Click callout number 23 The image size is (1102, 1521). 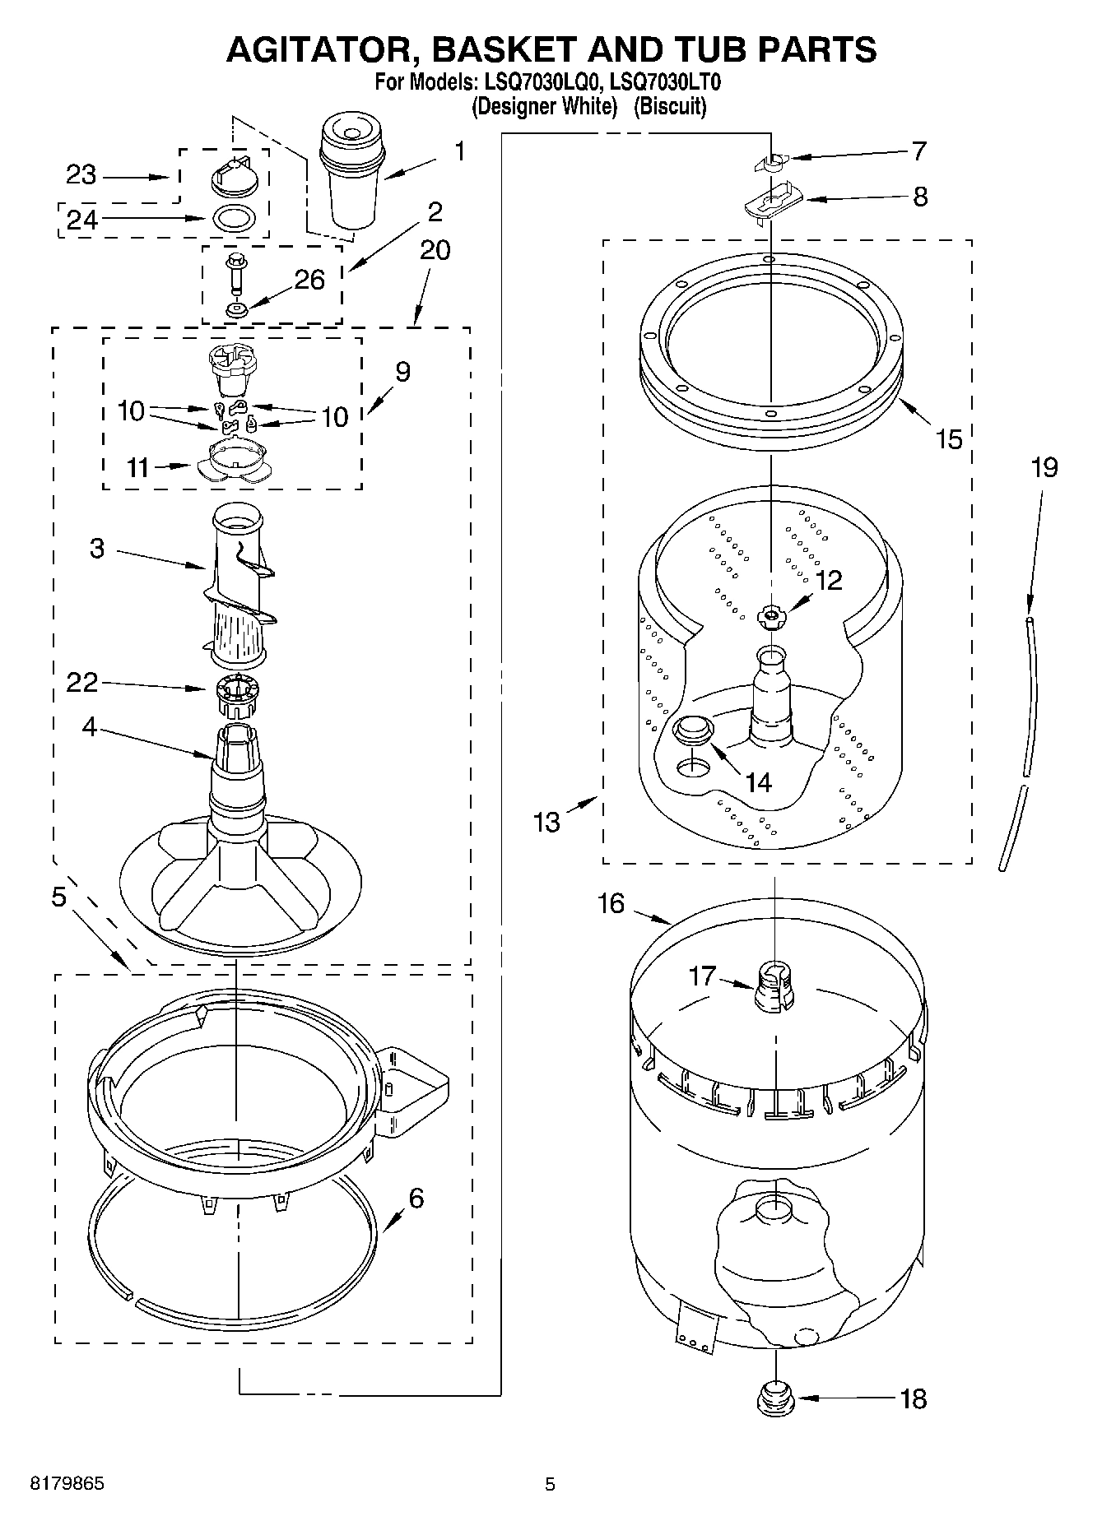click(81, 175)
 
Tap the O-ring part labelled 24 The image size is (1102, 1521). click(235, 219)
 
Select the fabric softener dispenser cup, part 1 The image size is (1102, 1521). click(352, 173)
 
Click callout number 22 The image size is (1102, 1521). click(81, 682)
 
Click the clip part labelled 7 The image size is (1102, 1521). click(770, 161)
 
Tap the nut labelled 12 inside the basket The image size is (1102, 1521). click(771, 615)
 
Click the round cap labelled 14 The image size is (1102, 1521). click(692, 729)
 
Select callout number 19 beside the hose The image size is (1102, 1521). click(1044, 467)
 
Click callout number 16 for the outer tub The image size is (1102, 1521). click(611, 903)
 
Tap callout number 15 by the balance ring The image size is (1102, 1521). click(949, 438)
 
